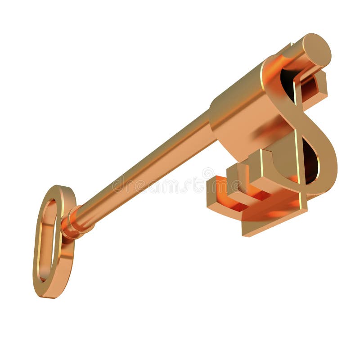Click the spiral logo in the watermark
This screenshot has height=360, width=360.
[x=208, y=174]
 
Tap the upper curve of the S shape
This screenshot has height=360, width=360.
[x=274, y=76]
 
